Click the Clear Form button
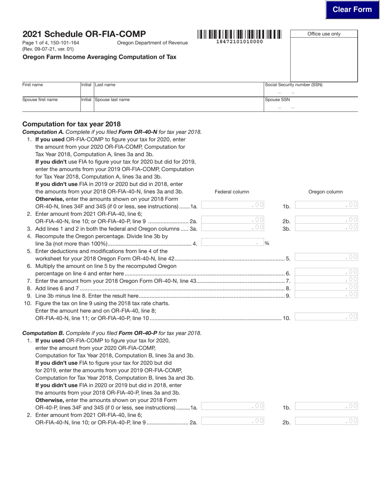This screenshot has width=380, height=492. (x=352, y=10)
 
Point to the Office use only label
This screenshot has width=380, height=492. (x=324, y=34)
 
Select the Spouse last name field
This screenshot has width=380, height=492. (x=178, y=107)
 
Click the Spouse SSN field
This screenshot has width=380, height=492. (x=310, y=107)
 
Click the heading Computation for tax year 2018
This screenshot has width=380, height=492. (x=72, y=124)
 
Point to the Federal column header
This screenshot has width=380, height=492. (x=232, y=192)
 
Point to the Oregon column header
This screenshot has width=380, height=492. (x=325, y=192)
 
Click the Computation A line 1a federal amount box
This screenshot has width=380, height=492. (x=232, y=205)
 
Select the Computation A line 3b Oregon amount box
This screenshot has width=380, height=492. (x=326, y=228)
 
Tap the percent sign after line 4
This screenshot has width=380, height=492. (x=267, y=243)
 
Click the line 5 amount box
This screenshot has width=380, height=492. (x=326, y=257)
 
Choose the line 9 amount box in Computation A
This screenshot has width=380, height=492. (x=326, y=295)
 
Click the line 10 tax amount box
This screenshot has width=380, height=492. (x=326, y=317)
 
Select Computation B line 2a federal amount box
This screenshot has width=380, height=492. (x=232, y=421)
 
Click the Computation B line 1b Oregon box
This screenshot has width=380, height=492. (x=326, y=406)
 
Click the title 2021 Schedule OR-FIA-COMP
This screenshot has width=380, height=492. (x=84, y=34)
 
